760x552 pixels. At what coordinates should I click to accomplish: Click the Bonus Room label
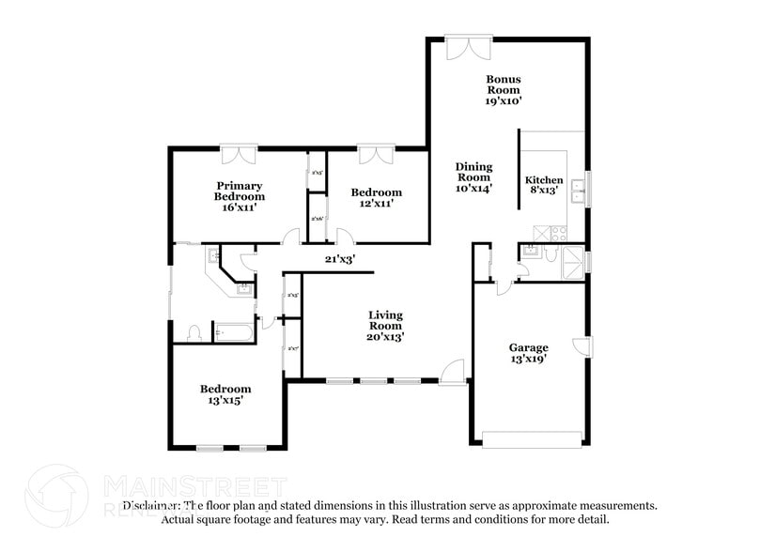pos(503,89)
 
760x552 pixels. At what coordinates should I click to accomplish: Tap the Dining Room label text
pos(473,176)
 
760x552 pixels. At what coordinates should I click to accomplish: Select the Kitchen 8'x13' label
pos(543,185)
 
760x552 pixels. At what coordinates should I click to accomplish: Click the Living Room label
pos(385,326)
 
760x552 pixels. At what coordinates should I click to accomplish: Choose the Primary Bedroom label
pos(239,196)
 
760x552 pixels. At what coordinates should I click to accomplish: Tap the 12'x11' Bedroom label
pos(376,197)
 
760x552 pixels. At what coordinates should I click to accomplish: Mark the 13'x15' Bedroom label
pos(225,394)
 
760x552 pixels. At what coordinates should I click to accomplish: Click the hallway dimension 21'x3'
pos(339,259)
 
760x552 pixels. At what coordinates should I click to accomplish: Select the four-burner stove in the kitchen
pos(548,232)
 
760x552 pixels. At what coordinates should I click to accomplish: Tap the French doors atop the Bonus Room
pos(467,46)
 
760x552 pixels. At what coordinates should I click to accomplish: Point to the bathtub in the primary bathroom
pos(235,331)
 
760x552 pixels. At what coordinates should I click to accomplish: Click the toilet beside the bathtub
pos(194,333)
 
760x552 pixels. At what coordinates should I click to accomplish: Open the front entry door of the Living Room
pos(452,373)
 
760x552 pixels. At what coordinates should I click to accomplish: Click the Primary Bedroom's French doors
pos(240,153)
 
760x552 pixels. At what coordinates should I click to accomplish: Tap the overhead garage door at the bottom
pos(531,437)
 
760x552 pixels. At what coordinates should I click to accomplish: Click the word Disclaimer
pos(151,504)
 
